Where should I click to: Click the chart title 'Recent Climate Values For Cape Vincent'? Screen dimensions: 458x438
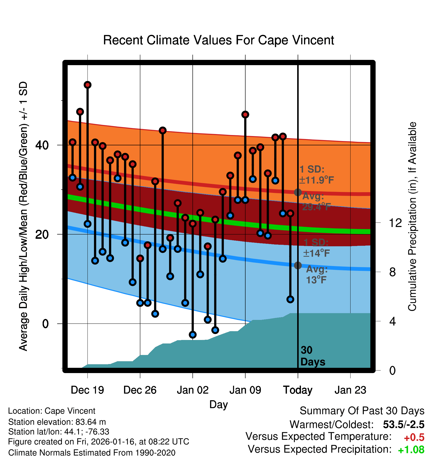[218, 40]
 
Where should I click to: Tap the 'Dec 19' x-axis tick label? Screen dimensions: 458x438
[87, 390]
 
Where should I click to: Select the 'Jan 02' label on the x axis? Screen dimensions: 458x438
[192, 390]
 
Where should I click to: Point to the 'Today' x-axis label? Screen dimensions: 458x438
[298, 390]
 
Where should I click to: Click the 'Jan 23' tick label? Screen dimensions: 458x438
[350, 390]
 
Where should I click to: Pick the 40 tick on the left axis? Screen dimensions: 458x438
[42, 145]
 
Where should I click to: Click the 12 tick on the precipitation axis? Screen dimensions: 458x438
[395, 223]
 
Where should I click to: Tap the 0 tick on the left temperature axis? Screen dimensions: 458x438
[45, 324]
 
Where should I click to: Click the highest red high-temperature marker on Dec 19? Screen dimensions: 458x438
[87, 85]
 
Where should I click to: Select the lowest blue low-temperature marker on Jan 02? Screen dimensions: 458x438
[193, 334]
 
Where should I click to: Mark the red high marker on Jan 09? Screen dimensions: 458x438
[245, 114]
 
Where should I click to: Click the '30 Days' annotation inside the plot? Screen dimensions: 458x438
[312, 356]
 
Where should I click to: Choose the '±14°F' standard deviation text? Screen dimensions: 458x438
[316, 253]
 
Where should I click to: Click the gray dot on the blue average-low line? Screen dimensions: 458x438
[298, 265]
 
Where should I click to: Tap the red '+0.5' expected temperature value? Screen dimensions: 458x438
[414, 437]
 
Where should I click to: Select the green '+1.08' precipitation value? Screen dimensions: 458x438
[411, 450]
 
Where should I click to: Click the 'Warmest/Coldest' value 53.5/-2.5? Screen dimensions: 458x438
[403, 425]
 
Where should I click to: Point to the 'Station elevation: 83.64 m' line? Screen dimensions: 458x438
[57, 422]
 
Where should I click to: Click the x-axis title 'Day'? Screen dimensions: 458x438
[218, 404]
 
